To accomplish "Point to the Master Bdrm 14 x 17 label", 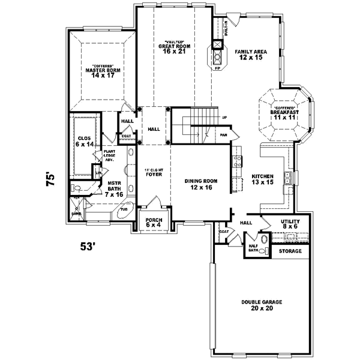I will [x=100, y=73].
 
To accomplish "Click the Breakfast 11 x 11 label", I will [x=286, y=113].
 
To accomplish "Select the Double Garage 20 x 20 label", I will [x=262, y=305].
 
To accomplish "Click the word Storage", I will [x=290, y=251].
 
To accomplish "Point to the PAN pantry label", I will [x=223, y=136].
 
